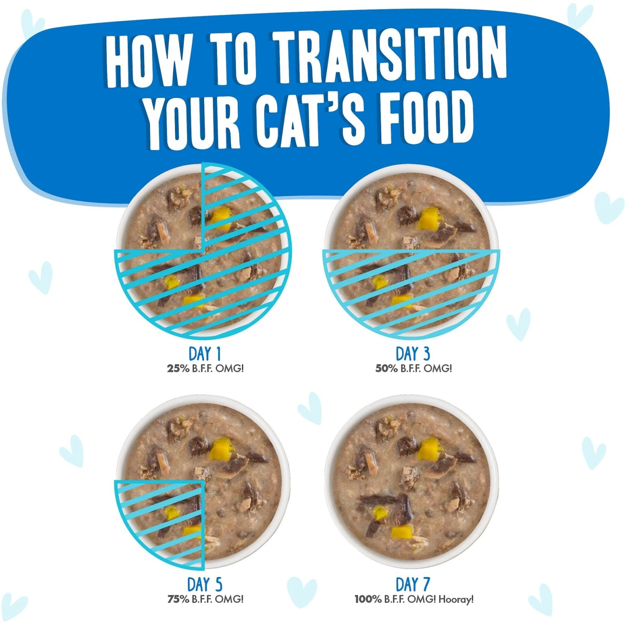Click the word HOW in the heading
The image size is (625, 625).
coord(148,60)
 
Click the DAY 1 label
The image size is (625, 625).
coord(205,354)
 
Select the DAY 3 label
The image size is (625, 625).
coord(412,354)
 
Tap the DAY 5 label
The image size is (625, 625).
coord(205,584)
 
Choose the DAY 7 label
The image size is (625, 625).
coord(412,584)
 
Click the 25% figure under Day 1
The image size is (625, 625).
coord(178,368)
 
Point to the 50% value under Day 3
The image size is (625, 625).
coord(386,368)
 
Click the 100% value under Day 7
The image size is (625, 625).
coord(368,599)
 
